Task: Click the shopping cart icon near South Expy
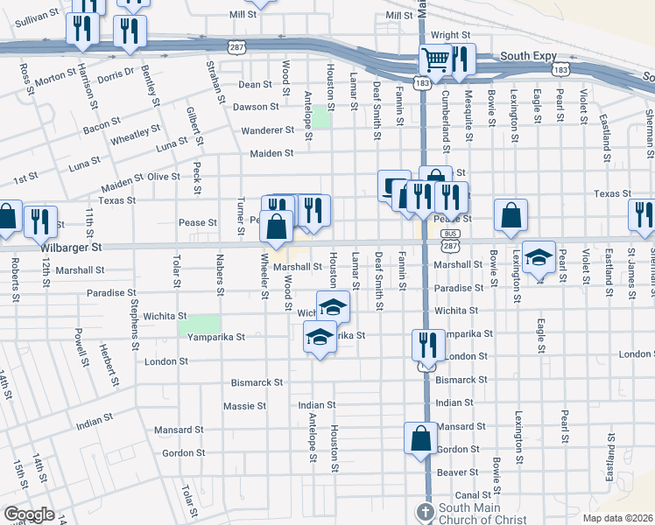click(434, 60)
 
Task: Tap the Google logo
click(29, 514)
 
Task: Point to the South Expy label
click(529, 56)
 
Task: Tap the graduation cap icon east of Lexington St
click(539, 256)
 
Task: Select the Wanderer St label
click(269, 130)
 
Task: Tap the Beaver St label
click(457, 472)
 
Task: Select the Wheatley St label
click(135, 135)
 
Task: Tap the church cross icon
click(425, 512)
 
